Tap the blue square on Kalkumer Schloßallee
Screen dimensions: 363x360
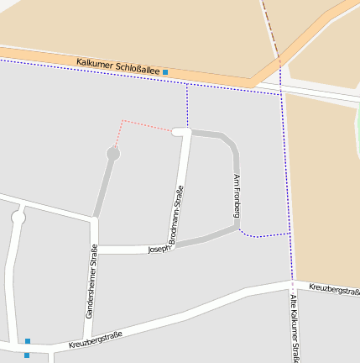[165, 72]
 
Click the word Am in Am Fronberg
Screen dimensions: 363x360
[237, 179]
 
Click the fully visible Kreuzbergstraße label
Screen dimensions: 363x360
[95, 339]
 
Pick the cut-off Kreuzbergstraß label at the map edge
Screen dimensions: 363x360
[334, 290]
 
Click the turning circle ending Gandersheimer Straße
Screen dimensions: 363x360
[112, 154]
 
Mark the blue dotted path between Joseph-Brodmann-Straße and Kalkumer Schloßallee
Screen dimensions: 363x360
[187, 105]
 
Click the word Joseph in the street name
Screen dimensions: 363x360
[159, 249]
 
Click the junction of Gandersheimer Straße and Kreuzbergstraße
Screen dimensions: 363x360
[90, 342]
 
